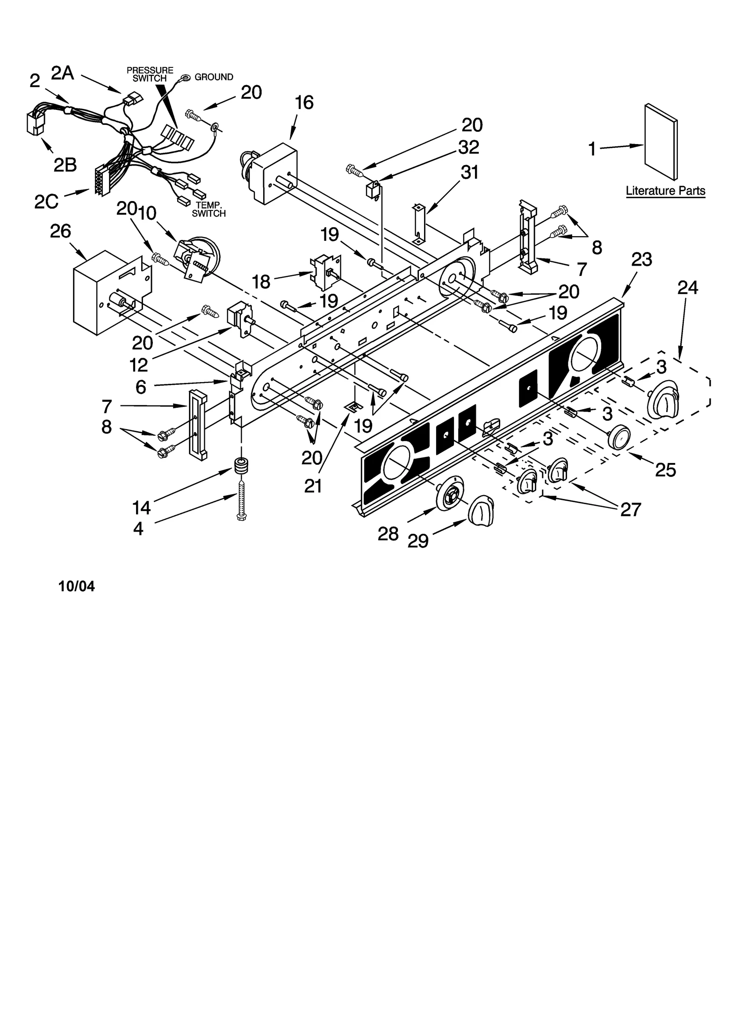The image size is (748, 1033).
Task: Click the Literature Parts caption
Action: point(665,191)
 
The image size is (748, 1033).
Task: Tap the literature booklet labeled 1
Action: point(660,142)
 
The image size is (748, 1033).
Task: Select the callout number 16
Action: point(304,102)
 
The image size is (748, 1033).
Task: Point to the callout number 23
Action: point(641,259)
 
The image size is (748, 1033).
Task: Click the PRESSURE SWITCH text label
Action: point(150,74)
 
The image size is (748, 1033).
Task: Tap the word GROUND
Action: point(214,77)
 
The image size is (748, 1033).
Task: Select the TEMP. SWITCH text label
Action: point(209,209)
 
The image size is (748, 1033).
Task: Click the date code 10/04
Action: point(76,586)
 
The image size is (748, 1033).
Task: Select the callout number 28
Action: point(388,534)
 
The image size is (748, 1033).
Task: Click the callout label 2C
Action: point(46,201)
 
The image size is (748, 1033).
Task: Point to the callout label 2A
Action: point(63,73)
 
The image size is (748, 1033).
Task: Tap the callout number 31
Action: point(469,173)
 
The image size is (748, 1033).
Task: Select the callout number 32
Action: point(468,147)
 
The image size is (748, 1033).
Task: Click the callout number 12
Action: point(139,365)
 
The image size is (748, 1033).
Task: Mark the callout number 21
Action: point(313,486)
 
